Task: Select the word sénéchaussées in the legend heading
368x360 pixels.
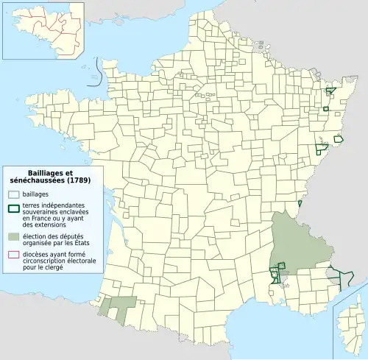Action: [35, 180]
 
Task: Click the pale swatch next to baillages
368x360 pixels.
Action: [13, 194]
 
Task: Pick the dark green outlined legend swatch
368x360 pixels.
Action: [13, 207]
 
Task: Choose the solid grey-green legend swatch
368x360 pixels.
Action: [13, 236]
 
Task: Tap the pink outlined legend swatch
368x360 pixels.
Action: [13, 255]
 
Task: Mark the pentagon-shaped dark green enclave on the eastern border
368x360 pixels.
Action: [339, 138]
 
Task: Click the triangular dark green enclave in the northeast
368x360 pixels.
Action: [330, 91]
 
